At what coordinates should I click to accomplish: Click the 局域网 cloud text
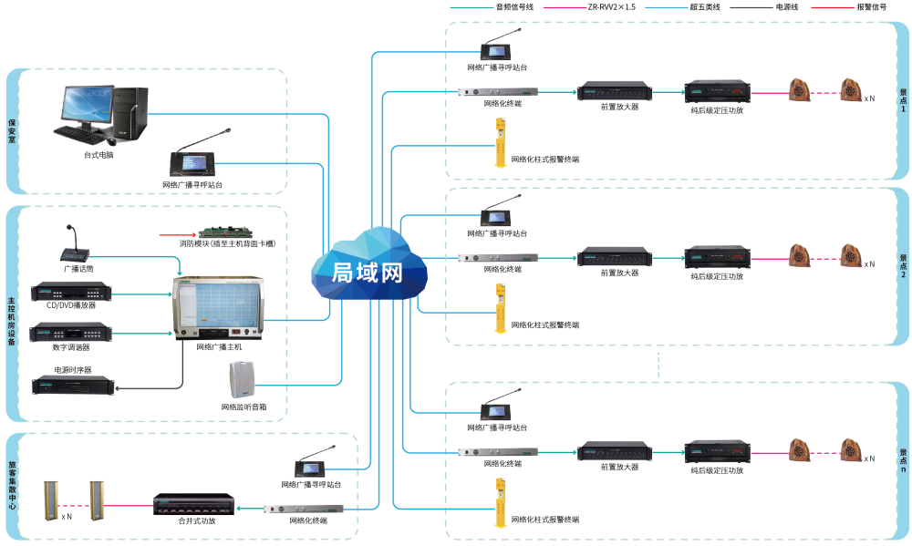pyautogui.click(x=368, y=273)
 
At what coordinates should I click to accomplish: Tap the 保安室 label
pyautogui.click(x=13, y=129)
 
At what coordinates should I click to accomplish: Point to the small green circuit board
pyautogui.click(x=225, y=232)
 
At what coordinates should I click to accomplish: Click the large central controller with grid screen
pyautogui.click(x=219, y=309)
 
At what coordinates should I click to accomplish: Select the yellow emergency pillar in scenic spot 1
pyautogui.click(x=499, y=141)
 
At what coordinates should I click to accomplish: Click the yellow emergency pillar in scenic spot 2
pyautogui.click(x=499, y=308)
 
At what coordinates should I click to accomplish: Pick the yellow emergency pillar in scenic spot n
pyautogui.click(x=499, y=500)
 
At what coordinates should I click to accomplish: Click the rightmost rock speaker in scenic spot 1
pyautogui.click(x=851, y=91)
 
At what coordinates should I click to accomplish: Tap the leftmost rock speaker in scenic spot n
pyautogui.click(x=800, y=450)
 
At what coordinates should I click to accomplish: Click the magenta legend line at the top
pyautogui.click(x=565, y=7)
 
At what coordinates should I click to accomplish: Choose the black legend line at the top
pyautogui.click(x=751, y=7)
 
